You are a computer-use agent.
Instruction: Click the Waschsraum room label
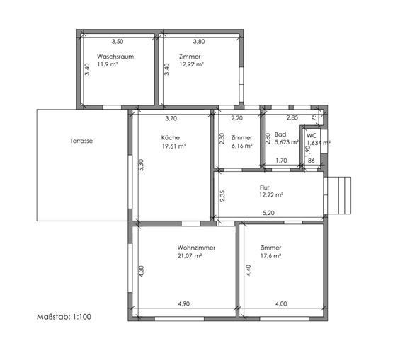tap(115, 57)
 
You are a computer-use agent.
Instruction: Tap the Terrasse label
tap(81, 141)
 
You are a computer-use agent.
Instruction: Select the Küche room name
tap(171, 137)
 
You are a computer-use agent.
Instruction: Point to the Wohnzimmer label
tap(196, 248)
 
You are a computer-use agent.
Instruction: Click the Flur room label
tap(265, 187)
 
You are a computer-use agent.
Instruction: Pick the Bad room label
tap(280, 134)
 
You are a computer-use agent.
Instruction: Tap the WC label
tap(312, 136)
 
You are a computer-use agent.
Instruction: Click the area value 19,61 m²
tap(174, 146)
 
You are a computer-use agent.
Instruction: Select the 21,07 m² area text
tap(190, 256)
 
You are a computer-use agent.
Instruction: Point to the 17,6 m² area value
tap(270, 256)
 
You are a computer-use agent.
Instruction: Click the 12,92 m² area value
tap(191, 64)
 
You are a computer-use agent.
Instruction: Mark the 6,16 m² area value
tap(241, 146)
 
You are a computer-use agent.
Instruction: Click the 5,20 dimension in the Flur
tap(268, 213)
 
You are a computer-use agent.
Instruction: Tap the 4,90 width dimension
tap(184, 303)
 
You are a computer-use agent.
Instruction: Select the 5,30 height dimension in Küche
tap(142, 165)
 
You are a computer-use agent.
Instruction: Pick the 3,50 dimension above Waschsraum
tap(118, 41)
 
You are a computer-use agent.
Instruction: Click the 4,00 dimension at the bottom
tap(281, 303)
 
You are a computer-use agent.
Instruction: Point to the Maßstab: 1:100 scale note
tap(64, 317)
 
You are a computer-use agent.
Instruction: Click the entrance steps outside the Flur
tap(339, 196)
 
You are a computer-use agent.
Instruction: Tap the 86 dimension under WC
tap(312, 161)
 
